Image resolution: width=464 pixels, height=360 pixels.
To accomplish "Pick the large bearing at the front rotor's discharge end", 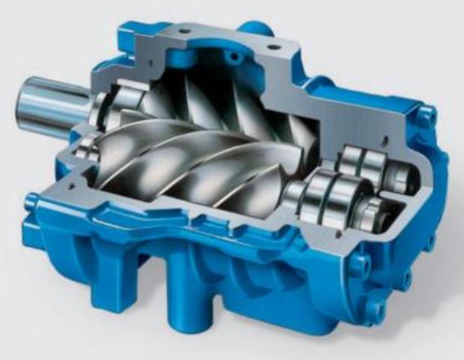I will pyautogui.click(x=322, y=196).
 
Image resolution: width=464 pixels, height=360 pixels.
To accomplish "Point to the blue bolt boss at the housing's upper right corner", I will pyautogui.click(x=426, y=116).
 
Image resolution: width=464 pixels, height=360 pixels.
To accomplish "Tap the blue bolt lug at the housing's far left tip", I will pyautogui.click(x=32, y=200).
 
